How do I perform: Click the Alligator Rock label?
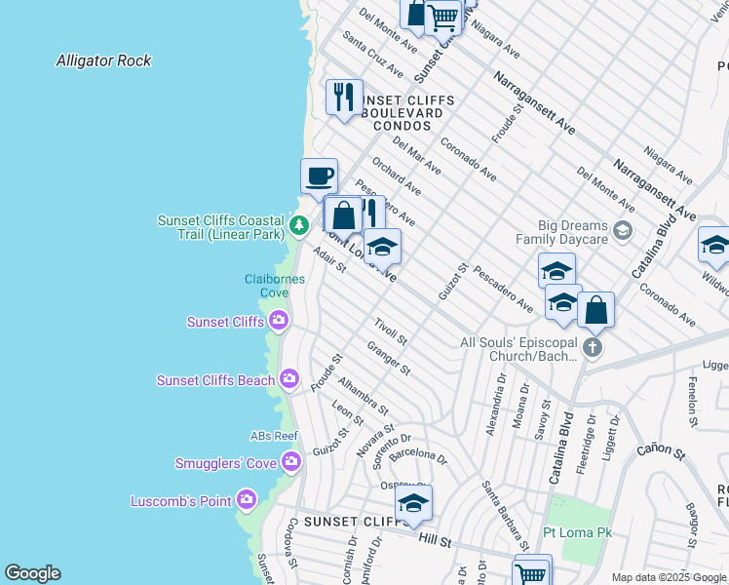(103, 60)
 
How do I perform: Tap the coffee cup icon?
(319, 177)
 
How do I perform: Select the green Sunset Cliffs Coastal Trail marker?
(299, 228)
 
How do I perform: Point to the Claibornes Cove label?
(274, 286)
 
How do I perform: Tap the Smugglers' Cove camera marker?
(289, 462)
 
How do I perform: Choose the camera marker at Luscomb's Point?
(247, 501)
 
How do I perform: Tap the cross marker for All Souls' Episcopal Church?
(592, 348)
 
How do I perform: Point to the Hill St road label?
(435, 539)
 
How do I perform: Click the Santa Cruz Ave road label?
(372, 58)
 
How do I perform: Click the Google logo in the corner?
(31, 573)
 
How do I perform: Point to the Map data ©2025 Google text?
(669, 577)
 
